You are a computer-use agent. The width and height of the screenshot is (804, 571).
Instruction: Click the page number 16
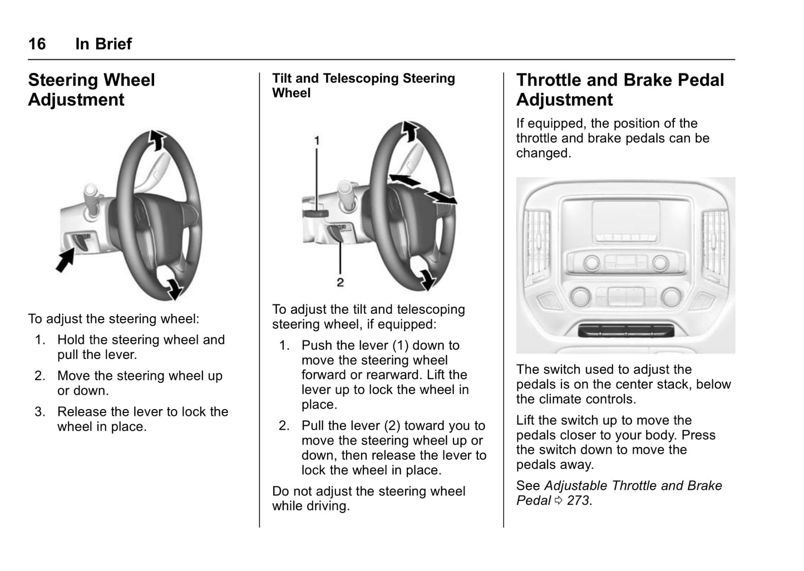[x=37, y=44]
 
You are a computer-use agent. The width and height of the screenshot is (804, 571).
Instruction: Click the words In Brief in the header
[x=103, y=44]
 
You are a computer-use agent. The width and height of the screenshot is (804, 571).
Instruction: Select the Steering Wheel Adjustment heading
[x=91, y=90]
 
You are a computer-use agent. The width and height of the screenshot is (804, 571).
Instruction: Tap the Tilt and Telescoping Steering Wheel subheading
[x=363, y=86]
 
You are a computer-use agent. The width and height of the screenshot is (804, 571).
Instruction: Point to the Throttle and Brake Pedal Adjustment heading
[x=620, y=90]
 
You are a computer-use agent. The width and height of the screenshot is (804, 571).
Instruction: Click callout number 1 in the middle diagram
[x=317, y=140]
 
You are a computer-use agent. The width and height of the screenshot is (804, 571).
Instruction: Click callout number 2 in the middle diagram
[x=340, y=282]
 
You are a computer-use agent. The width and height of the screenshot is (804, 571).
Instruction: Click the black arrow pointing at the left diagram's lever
[x=66, y=260]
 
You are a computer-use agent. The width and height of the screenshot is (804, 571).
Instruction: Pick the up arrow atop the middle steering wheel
[x=410, y=131]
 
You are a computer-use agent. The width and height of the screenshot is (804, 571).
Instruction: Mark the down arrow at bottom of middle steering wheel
[x=427, y=279]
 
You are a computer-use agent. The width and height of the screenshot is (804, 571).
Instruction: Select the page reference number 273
[x=578, y=500]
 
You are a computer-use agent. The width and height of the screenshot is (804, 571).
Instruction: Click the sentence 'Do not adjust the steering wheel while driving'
[x=368, y=499]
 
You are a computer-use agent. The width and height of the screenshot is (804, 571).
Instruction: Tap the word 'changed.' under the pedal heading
[x=543, y=153]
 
